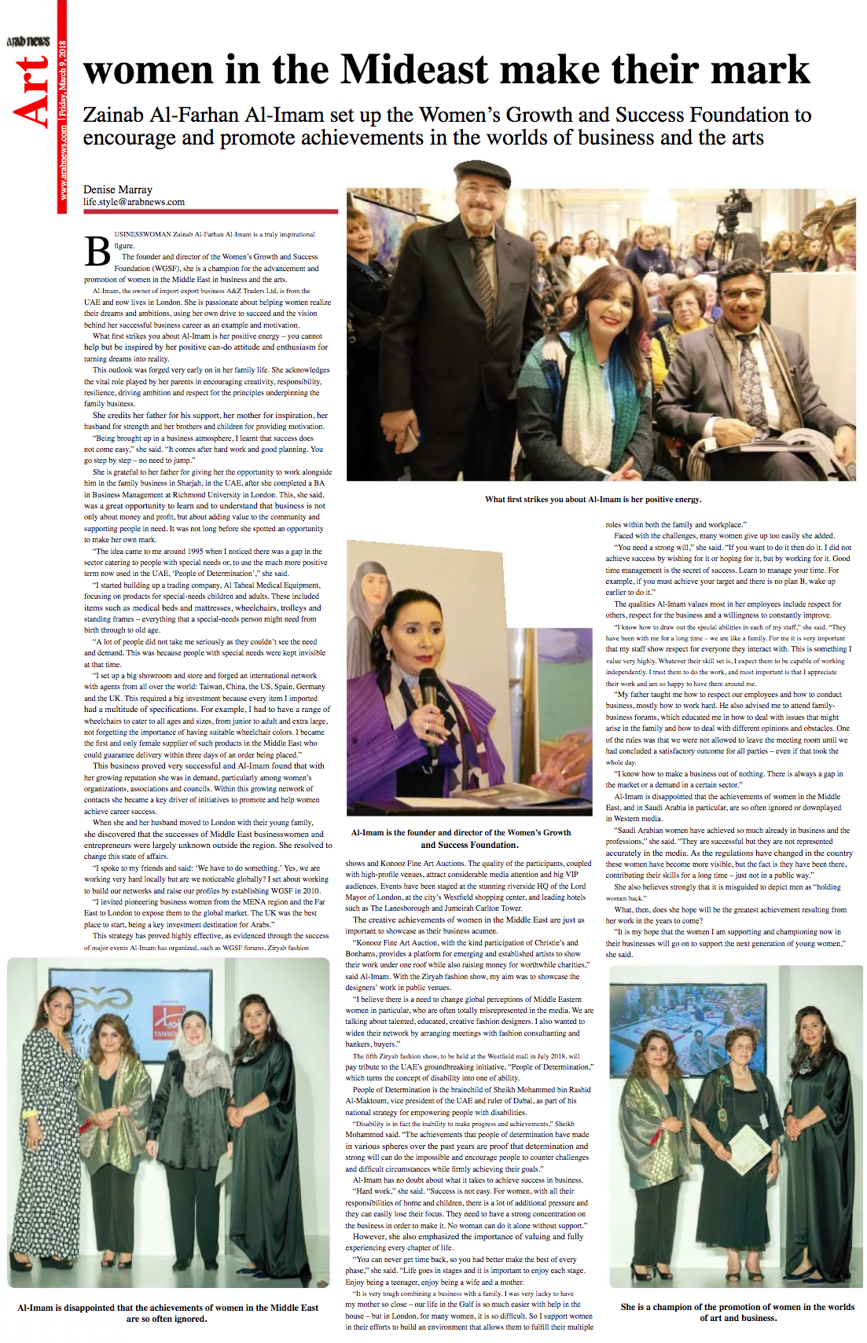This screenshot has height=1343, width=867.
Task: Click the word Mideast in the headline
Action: click(414, 70)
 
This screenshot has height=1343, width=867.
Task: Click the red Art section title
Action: click(33, 92)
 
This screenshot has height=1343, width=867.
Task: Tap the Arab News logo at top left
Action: click(28, 41)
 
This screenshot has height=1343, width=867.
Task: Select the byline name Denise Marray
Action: click(118, 189)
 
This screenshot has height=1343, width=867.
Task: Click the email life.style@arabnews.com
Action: click(134, 202)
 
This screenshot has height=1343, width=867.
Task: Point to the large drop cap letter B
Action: click(97, 251)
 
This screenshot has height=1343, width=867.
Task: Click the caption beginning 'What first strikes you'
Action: click(593, 499)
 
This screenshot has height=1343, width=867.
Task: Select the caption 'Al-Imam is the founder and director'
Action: click(461, 838)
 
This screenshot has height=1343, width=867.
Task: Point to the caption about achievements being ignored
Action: click(167, 1312)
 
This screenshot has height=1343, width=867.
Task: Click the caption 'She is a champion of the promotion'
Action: click(737, 1312)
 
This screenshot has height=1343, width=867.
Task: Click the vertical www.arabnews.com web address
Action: click(62, 161)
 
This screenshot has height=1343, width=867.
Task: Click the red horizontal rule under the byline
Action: click(211, 211)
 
